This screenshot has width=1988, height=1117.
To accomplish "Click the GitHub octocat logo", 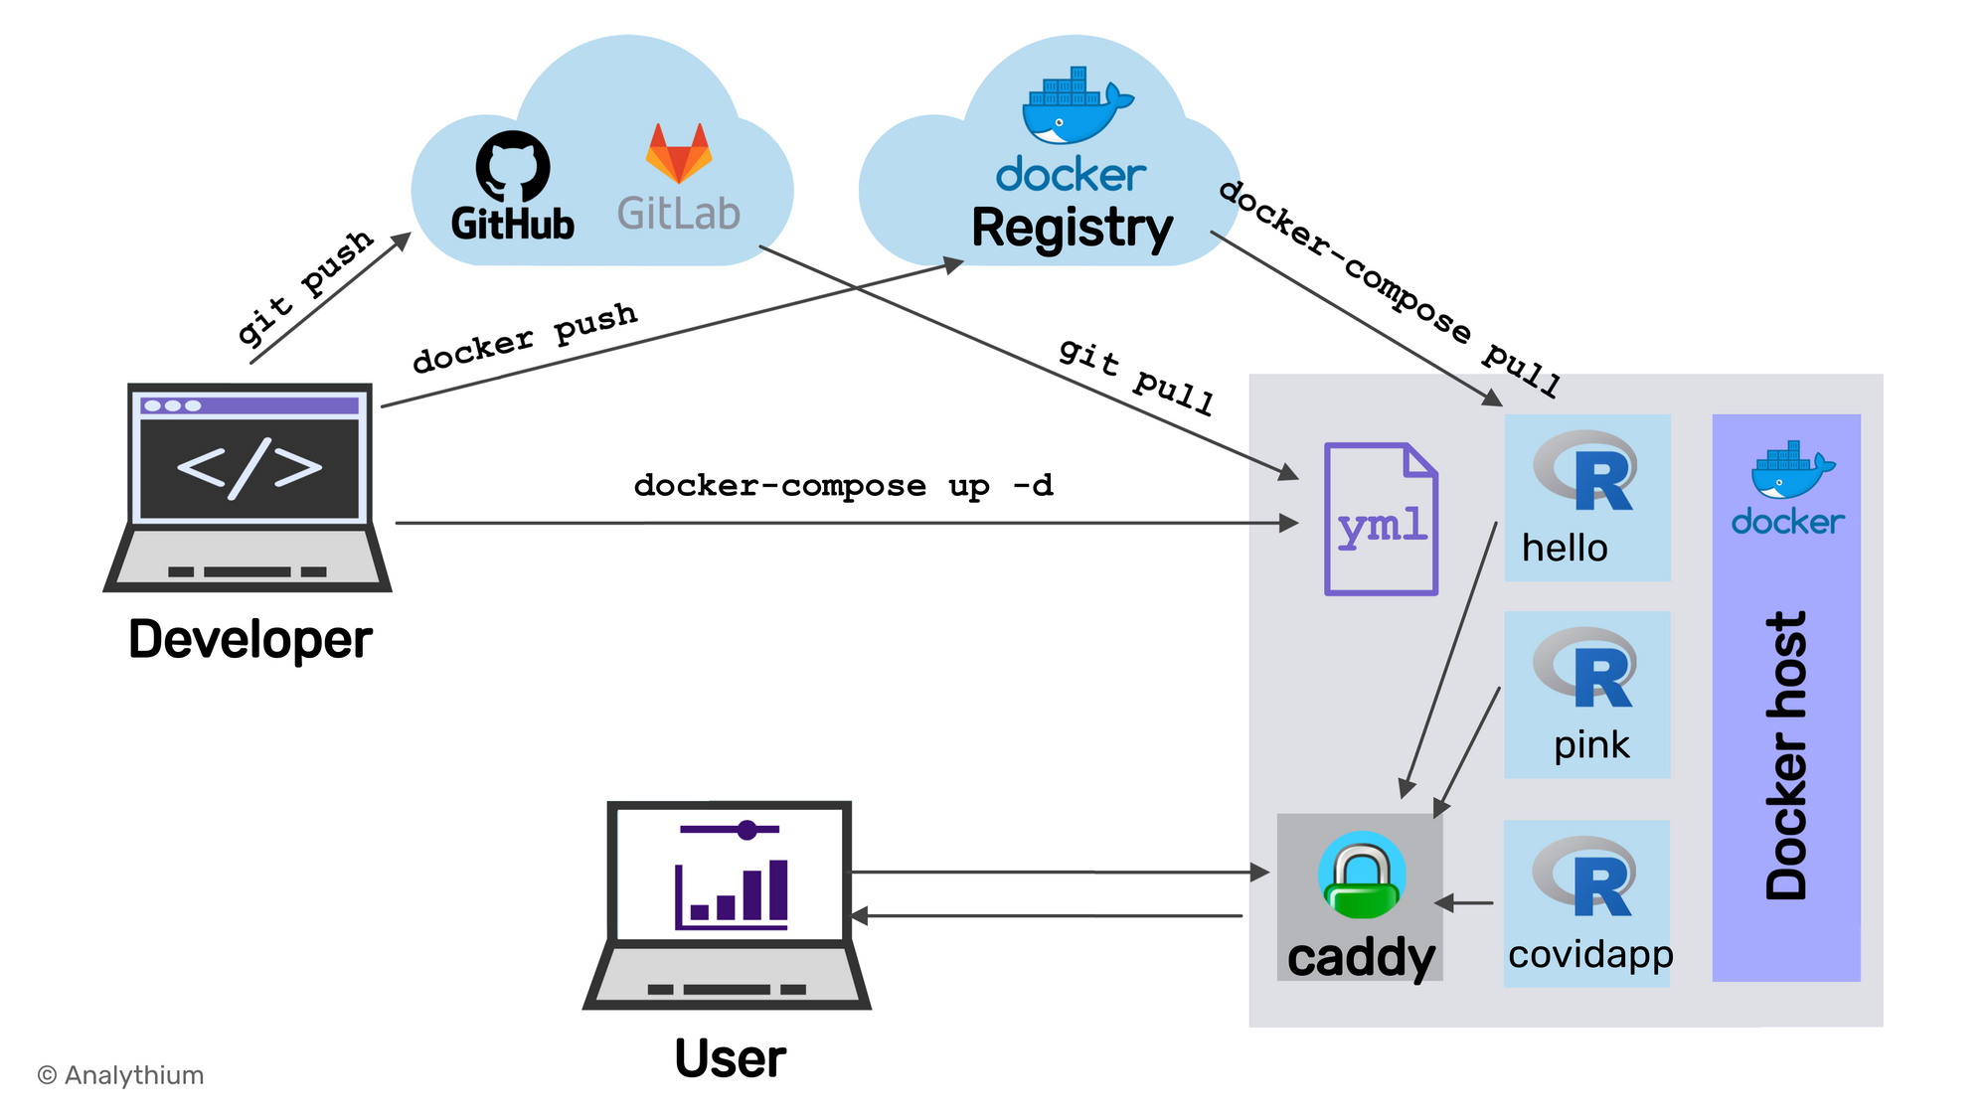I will pyautogui.click(x=513, y=166).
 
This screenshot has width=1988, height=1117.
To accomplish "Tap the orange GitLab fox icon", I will pyautogui.click(x=679, y=154).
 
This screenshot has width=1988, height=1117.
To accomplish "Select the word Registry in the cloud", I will pyautogui.click(x=1072, y=229).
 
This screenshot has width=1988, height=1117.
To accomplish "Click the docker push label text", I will pyautogui.click(x=525, y=337).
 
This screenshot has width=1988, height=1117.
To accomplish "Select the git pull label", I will pyautogui.click(x=1136, y=376).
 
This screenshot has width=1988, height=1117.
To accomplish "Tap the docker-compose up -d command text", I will pyautogui.click(x=843, y=486).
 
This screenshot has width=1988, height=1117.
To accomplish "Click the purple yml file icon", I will pyautogui.click(x=1381, y=520).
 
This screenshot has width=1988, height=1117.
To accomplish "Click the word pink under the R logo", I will pyautogui.click(x=1591, y=745).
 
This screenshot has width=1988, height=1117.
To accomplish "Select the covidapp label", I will pyautogui.click(x=1590, y=954).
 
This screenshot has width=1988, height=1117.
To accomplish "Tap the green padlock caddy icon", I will pyautogui.click(x=1362, y=875).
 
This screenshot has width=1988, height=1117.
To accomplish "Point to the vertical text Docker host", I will pyautogui.click(x=1786, y=755).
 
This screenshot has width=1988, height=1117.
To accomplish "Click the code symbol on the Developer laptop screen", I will pyautogui.click(x=249, y=467).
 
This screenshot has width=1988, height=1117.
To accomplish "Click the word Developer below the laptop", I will pyautogui.click(x=249, y=639).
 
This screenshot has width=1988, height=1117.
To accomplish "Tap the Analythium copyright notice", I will pyautogui.click(x=120, y=1075).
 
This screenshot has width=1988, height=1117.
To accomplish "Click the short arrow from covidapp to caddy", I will pyautogui.click(x=1464, y=903).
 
